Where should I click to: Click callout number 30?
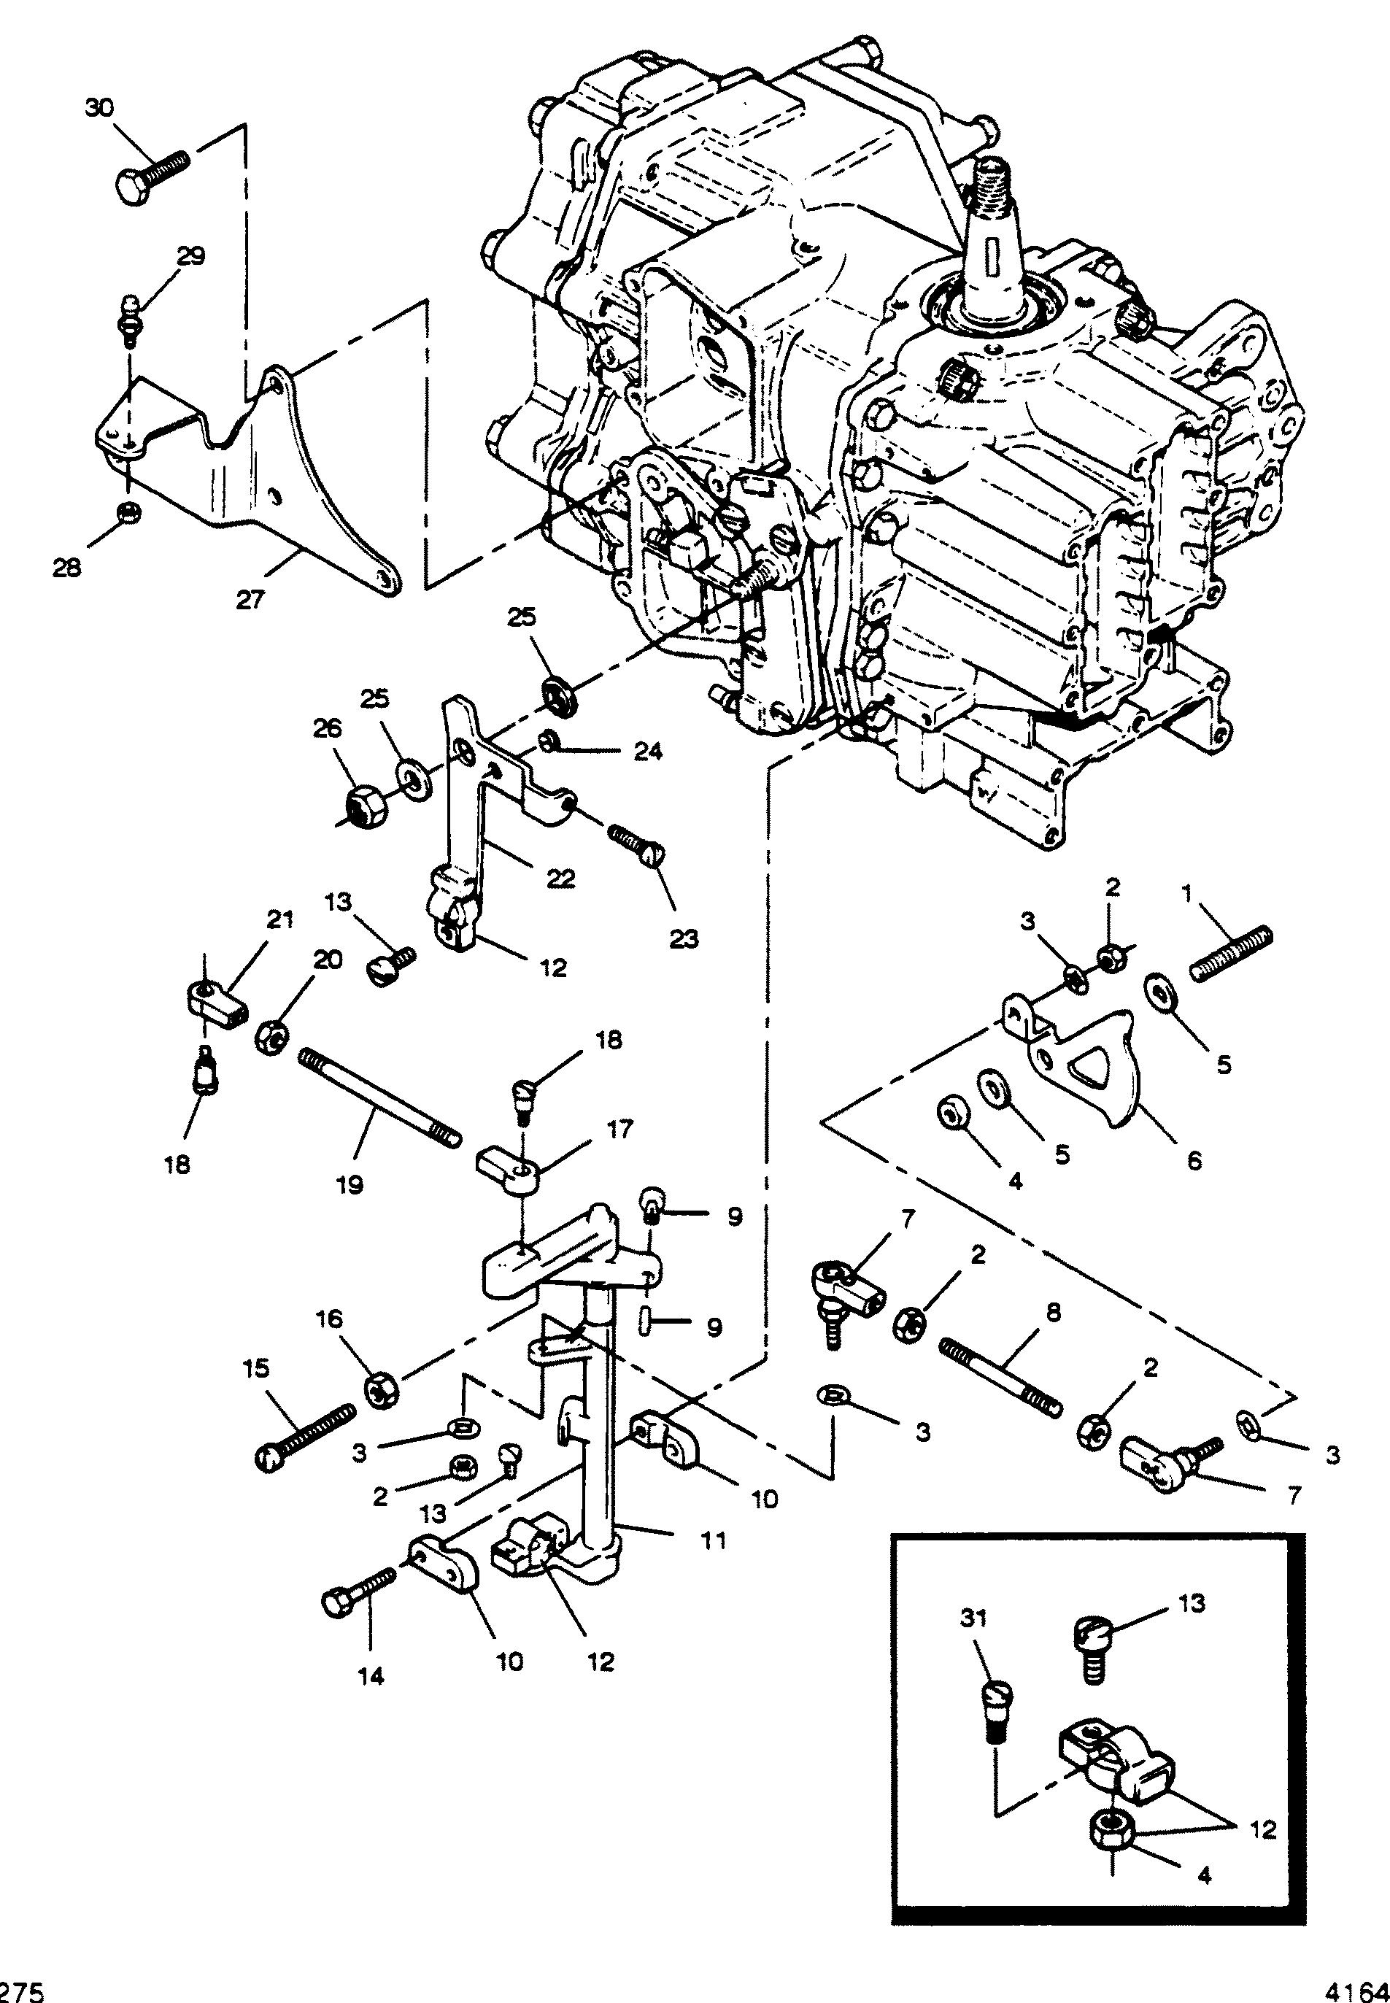pos(99,109)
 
